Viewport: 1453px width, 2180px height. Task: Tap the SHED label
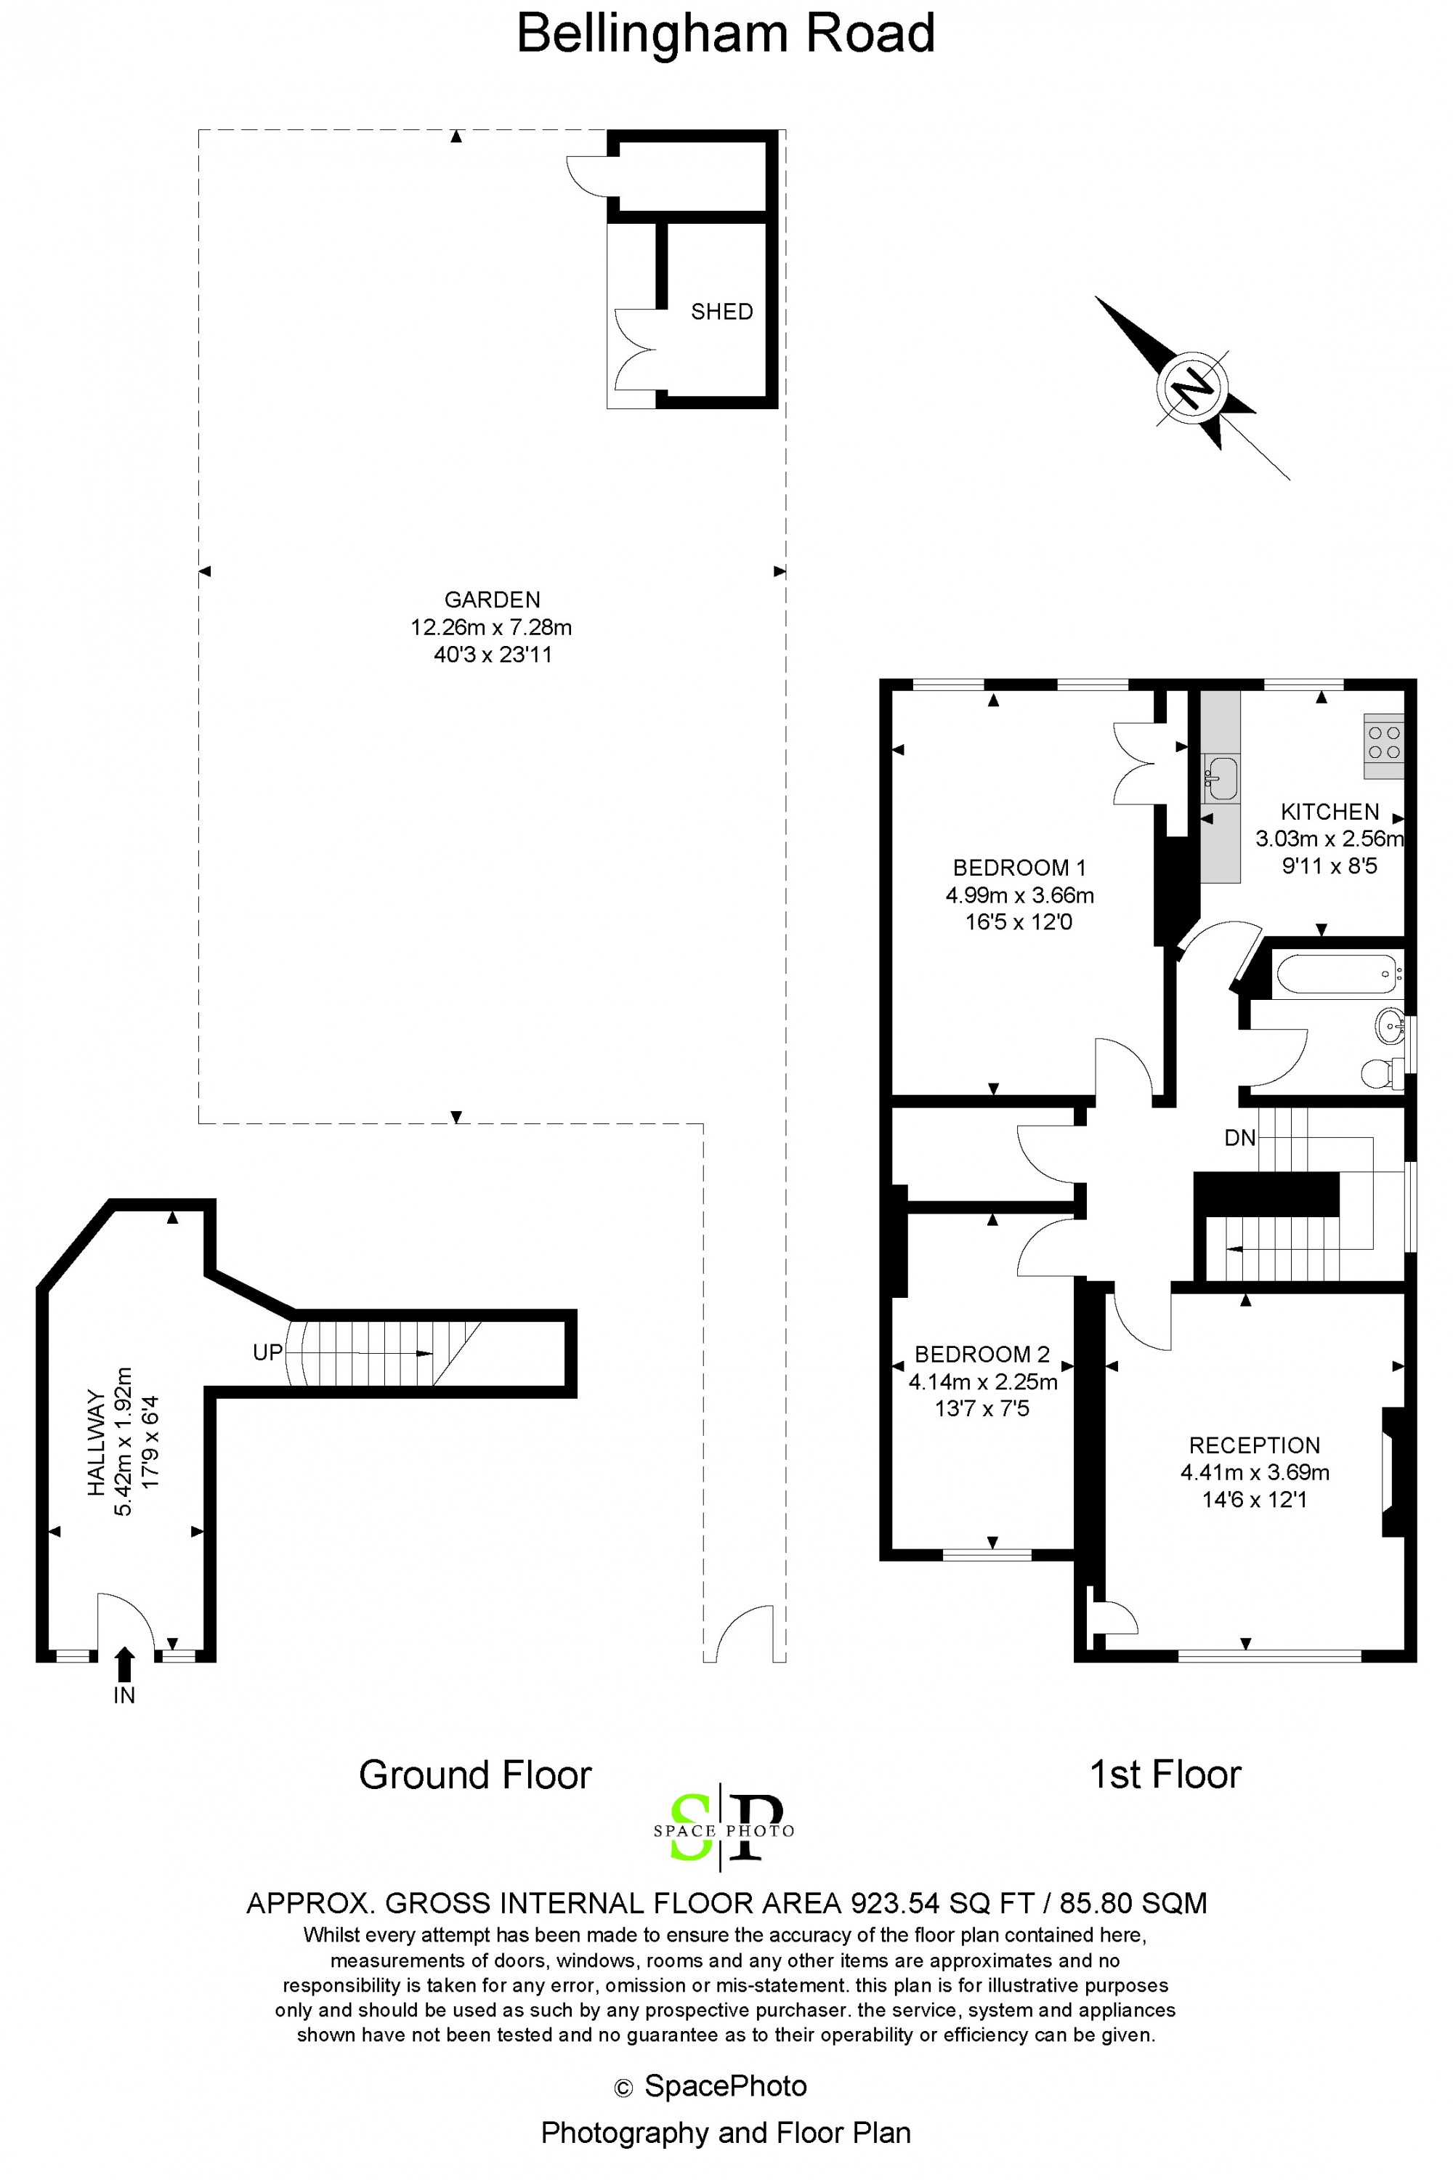click(722, 312)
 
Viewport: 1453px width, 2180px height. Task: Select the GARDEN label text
click(492, 599)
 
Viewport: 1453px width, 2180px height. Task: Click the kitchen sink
click(1221, 778)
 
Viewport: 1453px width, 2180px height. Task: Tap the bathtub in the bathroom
click(1338, 974)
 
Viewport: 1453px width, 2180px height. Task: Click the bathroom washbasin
click(1390, 1026)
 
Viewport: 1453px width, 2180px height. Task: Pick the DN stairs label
click(1240, 1138)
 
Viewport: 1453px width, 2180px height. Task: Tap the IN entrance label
click(124, 1695)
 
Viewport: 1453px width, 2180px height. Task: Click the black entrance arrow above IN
click(125, 1665)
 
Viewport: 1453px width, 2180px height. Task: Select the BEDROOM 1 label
click(1019, 868)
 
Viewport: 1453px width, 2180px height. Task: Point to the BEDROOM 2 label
click(982, 1355)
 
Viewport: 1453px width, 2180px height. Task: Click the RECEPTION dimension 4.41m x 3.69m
click(1255, 1472)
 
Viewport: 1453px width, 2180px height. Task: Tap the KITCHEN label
click(1329, 812)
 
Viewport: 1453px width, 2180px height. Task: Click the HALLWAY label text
click(95, 1442)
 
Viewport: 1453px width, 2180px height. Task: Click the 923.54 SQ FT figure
click(942, 1904)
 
